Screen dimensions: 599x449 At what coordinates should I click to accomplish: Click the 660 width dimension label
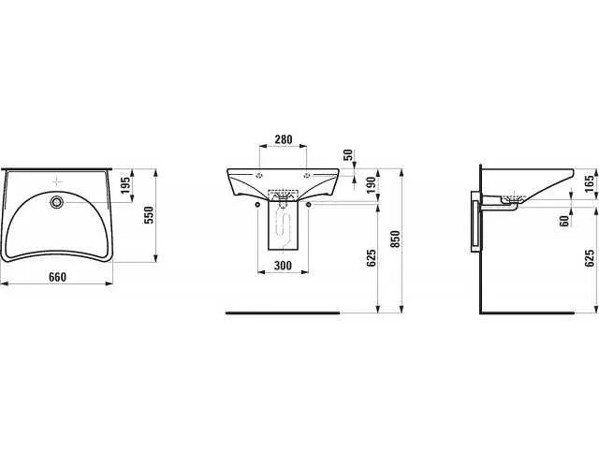point(57,277)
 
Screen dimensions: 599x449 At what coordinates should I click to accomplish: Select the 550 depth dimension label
point(149,215)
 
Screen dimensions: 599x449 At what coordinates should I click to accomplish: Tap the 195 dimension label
point(125,185)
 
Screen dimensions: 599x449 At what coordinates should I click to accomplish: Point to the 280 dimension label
point(283,139)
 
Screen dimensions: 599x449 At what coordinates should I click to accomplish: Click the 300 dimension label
point(283,266)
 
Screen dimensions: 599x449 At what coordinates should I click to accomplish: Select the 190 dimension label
point(372,185)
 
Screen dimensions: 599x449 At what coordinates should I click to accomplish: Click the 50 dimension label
point(349,155)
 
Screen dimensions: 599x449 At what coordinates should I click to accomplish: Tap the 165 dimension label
point(591,183)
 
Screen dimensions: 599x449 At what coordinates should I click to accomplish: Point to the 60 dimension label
point(564,221)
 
